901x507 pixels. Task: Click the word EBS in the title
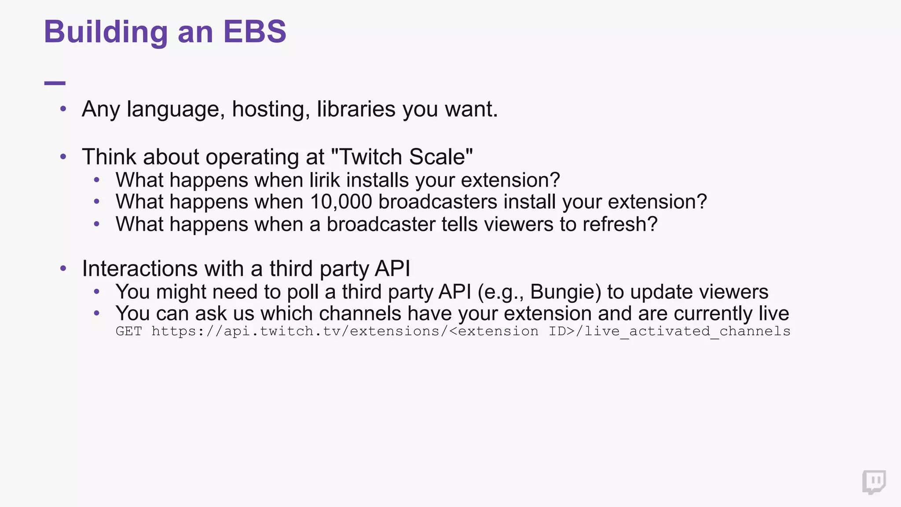coord(254,32)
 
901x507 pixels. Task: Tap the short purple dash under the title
coord(55,83)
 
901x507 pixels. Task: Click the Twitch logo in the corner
coord(874,482)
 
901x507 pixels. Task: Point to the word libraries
coord(356,109)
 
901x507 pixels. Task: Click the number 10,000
coord(341,202)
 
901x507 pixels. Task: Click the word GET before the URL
coord(129,331)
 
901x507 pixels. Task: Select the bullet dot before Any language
coord(63,109)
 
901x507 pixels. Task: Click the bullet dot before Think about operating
coord(63,157)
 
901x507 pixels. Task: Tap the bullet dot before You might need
coord(97,291)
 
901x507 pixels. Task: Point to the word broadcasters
coord(437,202)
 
